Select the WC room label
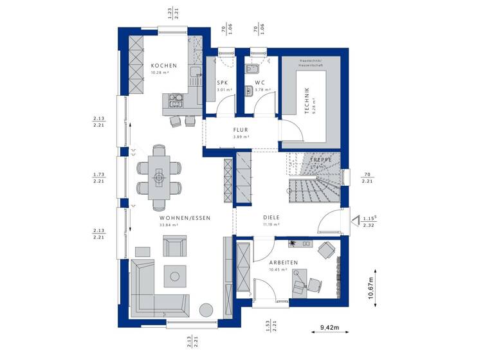point(260,83)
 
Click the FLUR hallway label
point(241,129)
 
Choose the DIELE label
point(270,217)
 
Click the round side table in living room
point(205,310)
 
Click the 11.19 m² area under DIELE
point(270,225)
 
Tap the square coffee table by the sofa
point(174,276)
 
